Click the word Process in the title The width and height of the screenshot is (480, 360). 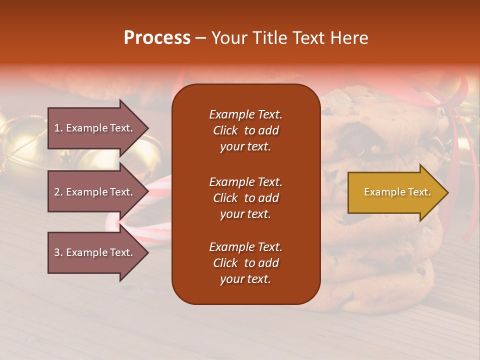coord(157,38)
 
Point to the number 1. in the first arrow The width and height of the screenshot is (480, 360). coord(58,128)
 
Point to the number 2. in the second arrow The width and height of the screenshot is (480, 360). coord(58,192)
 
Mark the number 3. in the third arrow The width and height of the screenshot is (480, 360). coord(58,252)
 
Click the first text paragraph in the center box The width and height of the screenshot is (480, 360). coord(245,130)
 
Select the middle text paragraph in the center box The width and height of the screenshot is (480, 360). coord(245,198)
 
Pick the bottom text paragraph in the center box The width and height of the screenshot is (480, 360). coord(245,263)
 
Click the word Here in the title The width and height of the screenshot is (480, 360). coord(350,38)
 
